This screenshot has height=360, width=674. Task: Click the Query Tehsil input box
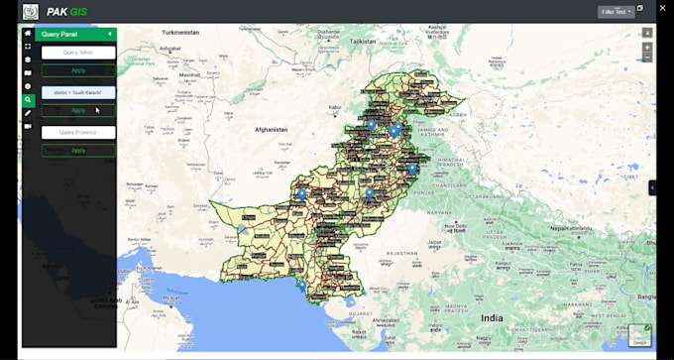78,53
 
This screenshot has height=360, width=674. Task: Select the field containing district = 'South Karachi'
78,92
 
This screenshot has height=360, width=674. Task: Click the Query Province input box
78,132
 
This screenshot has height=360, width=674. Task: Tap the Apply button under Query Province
78,151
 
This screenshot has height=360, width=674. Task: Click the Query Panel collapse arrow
110,34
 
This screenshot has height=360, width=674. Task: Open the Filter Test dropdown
616,12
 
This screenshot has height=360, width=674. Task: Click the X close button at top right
662,8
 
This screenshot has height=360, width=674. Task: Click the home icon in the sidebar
28,34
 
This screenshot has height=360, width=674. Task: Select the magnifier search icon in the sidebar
28,100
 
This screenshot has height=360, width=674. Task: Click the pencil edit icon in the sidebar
28,113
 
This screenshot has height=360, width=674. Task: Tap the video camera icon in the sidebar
28,127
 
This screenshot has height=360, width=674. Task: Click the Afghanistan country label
270,129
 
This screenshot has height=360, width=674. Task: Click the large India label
492,317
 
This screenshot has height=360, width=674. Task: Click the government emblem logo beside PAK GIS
31,12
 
